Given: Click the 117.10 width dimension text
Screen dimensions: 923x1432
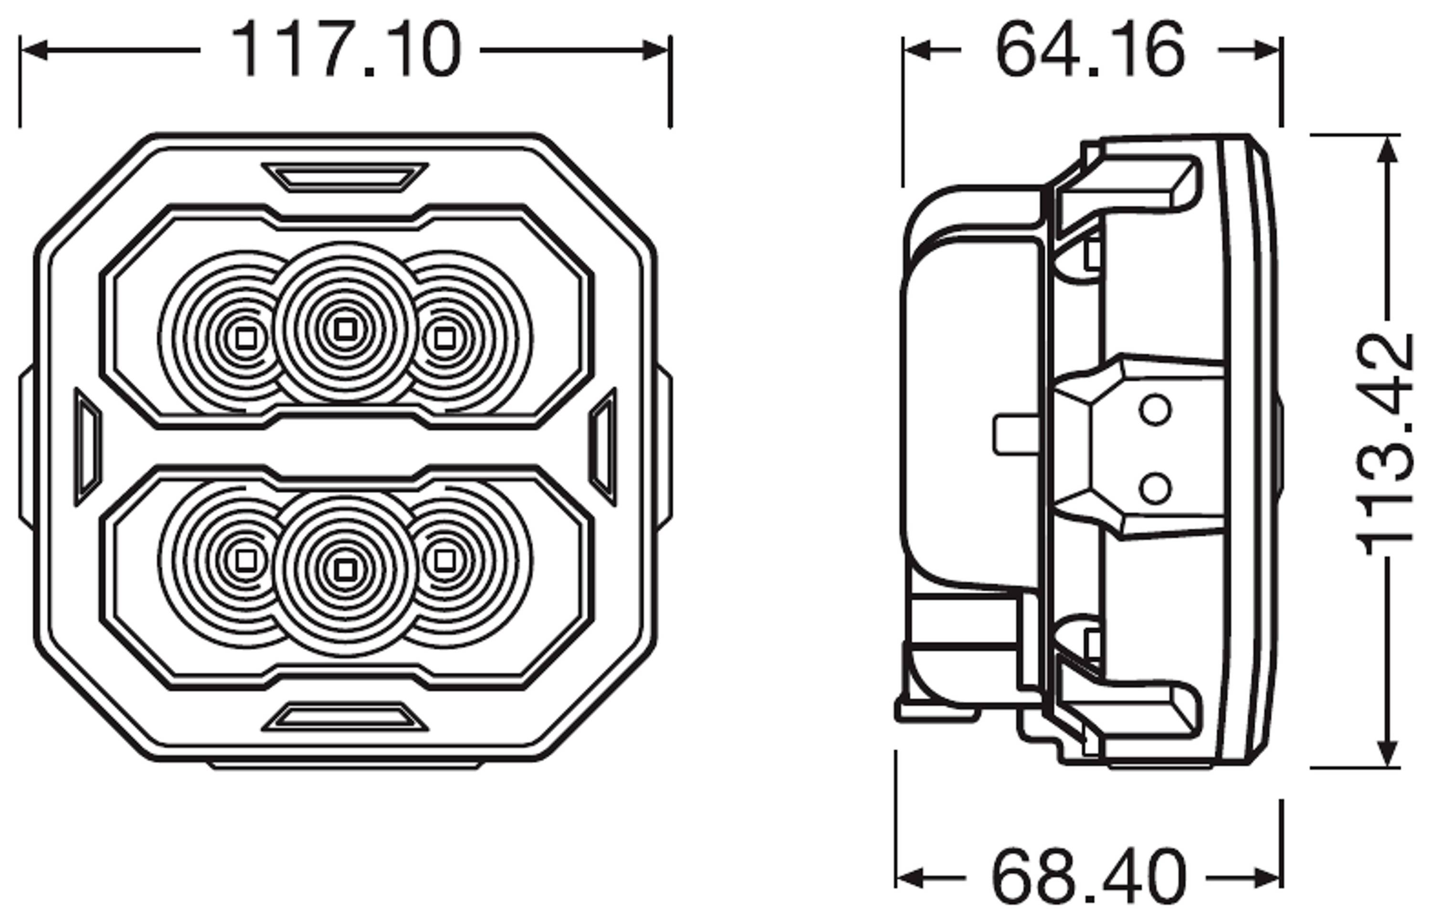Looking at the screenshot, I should tap(346, 50).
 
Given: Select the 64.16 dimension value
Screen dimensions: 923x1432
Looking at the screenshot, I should tap(1090, 50).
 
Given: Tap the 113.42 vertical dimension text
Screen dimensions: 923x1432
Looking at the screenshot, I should tap(1385, 445).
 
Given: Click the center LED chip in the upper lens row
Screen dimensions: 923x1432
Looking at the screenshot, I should tap(345, 328).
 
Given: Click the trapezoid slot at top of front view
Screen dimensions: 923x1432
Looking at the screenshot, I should tap(345, 178).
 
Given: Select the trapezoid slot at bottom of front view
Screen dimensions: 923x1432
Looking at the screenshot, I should tap(345, 717).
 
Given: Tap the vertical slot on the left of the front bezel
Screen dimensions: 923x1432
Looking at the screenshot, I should tap(87, 447).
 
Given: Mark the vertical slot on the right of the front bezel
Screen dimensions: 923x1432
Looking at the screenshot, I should tap(603, 447).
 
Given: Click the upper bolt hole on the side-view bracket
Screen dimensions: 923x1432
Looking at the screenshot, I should tap(1155, 410).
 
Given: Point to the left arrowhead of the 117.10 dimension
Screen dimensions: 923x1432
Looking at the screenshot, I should tap(33, 50).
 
